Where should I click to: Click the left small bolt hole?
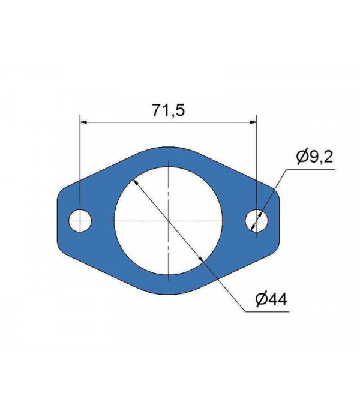80,221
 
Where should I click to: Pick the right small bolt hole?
257,221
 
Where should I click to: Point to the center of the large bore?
169,221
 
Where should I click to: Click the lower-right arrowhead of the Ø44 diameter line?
201,259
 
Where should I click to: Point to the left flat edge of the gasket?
58,221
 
